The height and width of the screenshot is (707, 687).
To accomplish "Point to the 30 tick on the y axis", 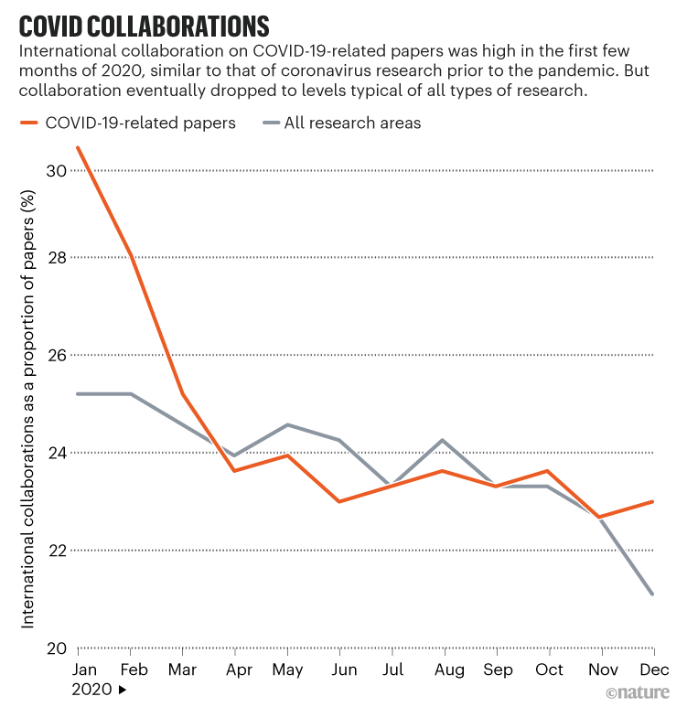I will (57, 171).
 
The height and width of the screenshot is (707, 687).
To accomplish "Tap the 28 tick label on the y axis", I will (57, 258).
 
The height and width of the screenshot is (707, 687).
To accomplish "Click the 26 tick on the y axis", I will (57, 355).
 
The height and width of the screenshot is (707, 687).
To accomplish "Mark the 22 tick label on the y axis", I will (57, 551).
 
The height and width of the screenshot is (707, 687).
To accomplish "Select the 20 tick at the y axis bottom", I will (57, 648).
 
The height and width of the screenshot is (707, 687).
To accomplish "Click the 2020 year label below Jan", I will (91, 690).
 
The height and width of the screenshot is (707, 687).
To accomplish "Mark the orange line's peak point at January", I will (79, 147).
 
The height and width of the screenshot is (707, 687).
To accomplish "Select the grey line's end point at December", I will (652, 595).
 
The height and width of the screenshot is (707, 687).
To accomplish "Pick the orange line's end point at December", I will (652, 501).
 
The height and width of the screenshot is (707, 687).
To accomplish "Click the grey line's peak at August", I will (444, 440).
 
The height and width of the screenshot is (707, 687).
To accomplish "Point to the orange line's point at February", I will (131, 255).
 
